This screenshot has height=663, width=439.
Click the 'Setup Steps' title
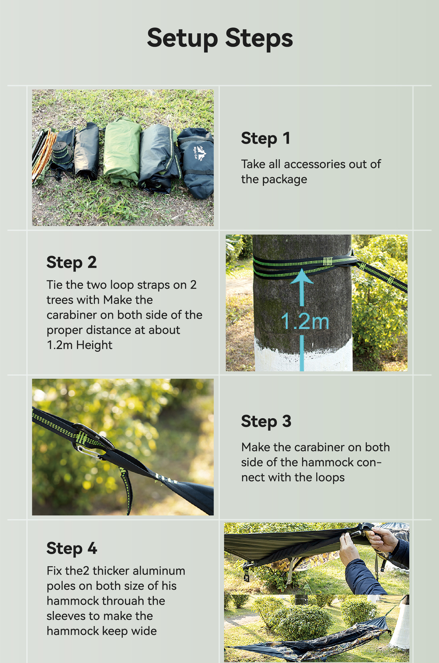pos(220,39)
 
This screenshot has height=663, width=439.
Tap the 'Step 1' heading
pos(265,138)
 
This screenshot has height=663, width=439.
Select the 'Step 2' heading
pos(72,263)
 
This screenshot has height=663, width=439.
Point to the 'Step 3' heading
pos(266,421)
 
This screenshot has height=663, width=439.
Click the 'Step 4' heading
pos(72,548)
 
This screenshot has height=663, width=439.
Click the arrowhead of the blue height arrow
pos(302,276)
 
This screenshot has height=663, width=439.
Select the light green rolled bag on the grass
pos(122,151)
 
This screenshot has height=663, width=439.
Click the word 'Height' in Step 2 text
pos(94,345)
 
